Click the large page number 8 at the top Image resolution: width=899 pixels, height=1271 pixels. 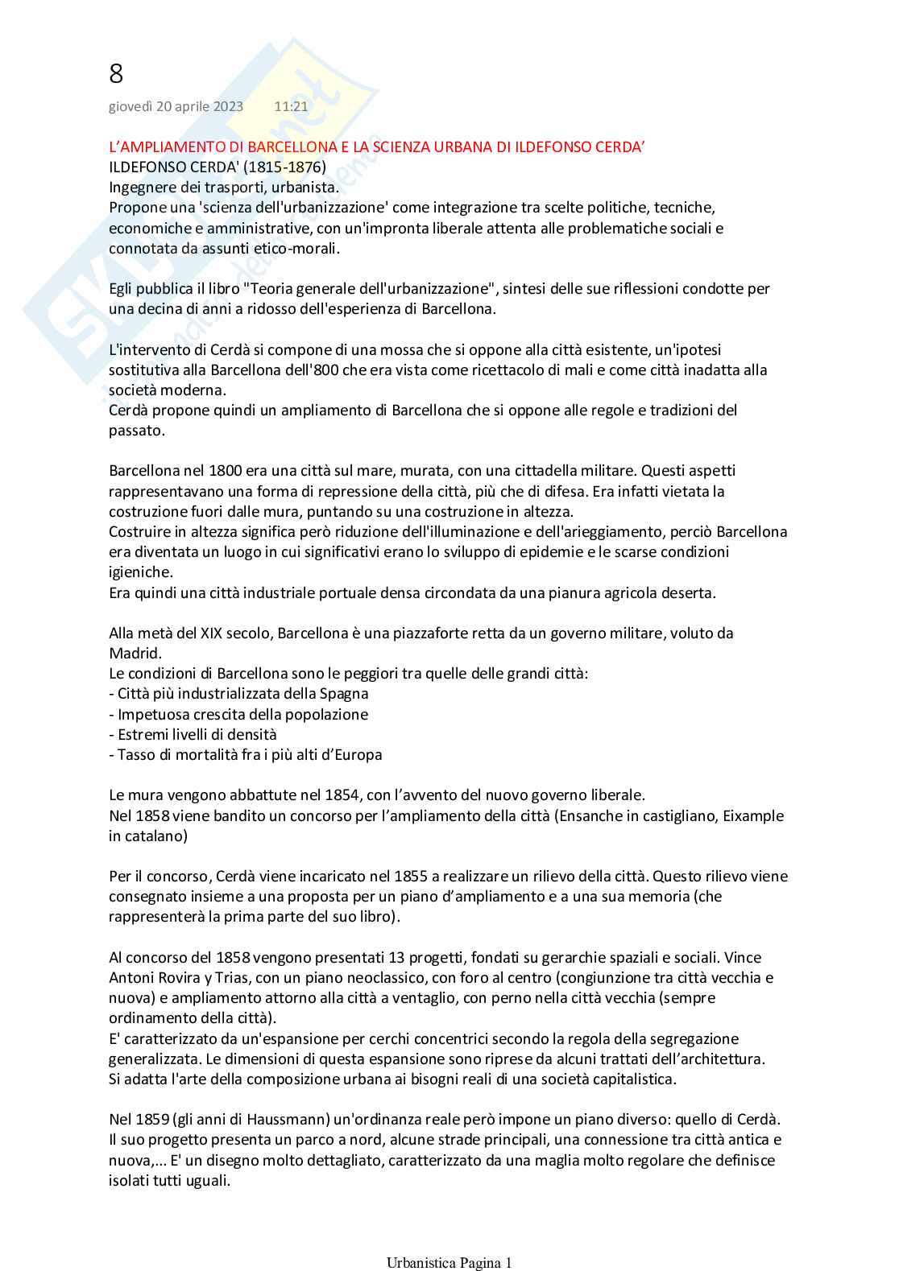pyautogui.click(x=116, y=74)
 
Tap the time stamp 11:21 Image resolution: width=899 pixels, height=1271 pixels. pyautogui.click(x=291, y=106)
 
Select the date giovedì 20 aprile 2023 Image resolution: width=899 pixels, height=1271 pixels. pyautogui.click(x=176, y=106)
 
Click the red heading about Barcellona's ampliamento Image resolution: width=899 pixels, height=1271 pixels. pyautogui.click(x=377, y=147)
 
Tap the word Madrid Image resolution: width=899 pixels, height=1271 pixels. pyautogui.click(x=134, y=653)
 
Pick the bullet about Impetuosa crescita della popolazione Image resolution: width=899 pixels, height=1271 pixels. pyautogui.click(x=238, y=714)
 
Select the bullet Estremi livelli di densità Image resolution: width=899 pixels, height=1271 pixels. pyautogui.click(x=193, y=734)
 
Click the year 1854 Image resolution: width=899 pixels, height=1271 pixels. pyautogui.click(x=342, y=795)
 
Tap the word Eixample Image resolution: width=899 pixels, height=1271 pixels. pyautogui.click(x=753, y=815)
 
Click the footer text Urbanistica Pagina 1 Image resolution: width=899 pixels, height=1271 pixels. pyautogui.click(x=449, y=1263)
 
